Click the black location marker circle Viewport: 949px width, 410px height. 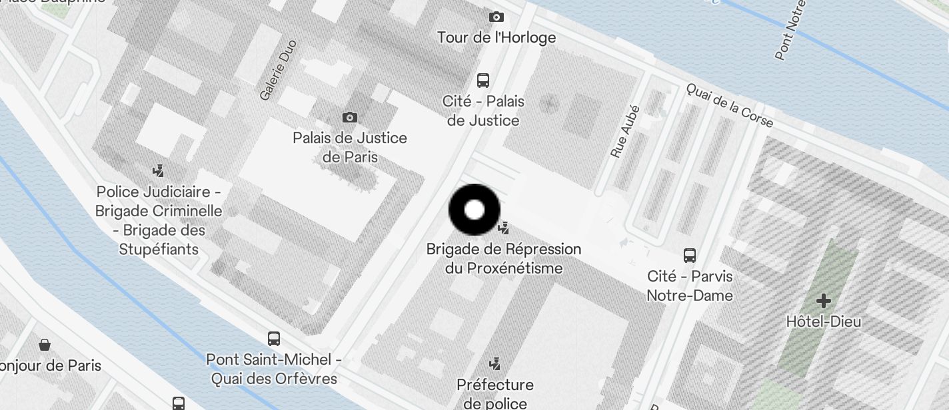pyautogui.click(x=474, y=210)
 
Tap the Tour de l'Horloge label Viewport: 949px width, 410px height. pyautogui.click(x=496, y=37)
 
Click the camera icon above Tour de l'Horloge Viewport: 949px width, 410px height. pyautogui.click(x=496, y=17)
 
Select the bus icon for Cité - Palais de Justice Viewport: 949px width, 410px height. pyautogui.click(x=483, y=81)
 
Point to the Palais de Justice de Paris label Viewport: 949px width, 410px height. pyautogui.click(x=350, y=148)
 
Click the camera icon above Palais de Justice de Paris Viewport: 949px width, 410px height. pyautogui.click(x=349, y=118)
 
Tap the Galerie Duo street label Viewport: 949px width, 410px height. pyautogui.click(x=278, y=71)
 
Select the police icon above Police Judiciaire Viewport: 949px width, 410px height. pyautogui.click(x=158, y=170)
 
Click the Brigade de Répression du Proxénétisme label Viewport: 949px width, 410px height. pyautogui.click(x=504, y=258)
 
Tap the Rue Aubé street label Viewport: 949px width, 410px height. pyautogui.click(x=624, y=132)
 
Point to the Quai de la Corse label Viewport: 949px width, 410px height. pyautogui.click(x=730, y=105)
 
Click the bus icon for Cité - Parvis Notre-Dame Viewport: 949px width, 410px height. pyautogui.click(x=690, y=255)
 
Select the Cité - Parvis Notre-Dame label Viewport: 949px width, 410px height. pyautogui.click(x=690, y=286)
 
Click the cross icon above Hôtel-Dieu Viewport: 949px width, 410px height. pyautogui.click(x=824, y=300)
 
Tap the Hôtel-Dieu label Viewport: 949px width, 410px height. pyautogui.click(x=824, y=321)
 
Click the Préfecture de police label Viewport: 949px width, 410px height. pyautogui.click(x=495, y=394)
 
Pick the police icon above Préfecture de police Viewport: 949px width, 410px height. pyautogui.click(x=494, y=363)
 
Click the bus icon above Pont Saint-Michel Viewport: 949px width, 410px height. pyautogui.click(x=274, y=338)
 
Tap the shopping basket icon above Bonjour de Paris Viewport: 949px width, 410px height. pyautogui.click(x=45, y=345)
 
